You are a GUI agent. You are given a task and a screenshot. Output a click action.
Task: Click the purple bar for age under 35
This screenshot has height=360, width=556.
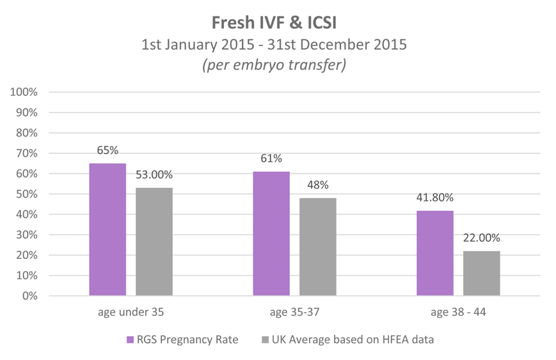[107, 230]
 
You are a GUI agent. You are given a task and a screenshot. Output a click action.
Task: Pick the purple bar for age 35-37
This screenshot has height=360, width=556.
[271, 233]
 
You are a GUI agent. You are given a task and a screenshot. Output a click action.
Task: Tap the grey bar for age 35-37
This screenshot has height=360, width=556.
[318, 247]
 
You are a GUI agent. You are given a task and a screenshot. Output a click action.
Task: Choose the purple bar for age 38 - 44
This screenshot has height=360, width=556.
[435, 253]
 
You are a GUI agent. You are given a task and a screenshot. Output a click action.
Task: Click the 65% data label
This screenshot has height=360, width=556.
[107, 150]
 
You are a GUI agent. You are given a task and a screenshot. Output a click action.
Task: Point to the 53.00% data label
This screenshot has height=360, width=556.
[154, 175]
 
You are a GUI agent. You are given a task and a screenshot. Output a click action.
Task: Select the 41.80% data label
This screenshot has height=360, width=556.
[435, 198]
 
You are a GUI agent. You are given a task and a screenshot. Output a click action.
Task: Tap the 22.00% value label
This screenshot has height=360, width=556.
[482, 238]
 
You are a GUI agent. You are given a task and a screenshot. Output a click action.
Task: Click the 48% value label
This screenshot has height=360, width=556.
[318, 185]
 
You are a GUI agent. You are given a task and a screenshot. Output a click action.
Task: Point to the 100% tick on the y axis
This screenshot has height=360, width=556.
[24, 92]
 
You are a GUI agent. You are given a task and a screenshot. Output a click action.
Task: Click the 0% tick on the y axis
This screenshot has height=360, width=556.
[29, 296]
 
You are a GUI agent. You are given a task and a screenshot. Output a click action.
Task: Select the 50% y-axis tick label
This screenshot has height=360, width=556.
[27, 194]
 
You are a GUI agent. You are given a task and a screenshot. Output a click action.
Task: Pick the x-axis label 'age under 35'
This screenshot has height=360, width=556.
[131, 313]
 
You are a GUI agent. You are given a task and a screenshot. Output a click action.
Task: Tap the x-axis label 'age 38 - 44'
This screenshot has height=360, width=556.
[458, 313]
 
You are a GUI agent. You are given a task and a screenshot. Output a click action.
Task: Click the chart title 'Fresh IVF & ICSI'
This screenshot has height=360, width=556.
[278, 22]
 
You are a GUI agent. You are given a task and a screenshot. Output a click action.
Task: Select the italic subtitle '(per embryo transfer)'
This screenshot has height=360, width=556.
[278, 66]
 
